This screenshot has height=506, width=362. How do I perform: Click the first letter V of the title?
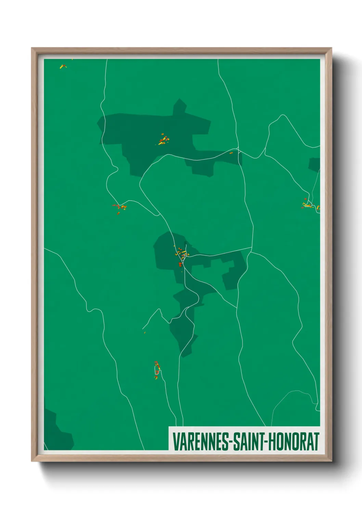pos(176,441)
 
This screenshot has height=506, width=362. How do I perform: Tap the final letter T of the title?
pos(316,441)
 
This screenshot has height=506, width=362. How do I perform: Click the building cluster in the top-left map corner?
pos(63,66)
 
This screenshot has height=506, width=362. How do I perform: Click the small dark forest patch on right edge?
pos(315,164)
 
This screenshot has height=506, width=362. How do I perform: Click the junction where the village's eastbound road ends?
pos(252,248)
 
